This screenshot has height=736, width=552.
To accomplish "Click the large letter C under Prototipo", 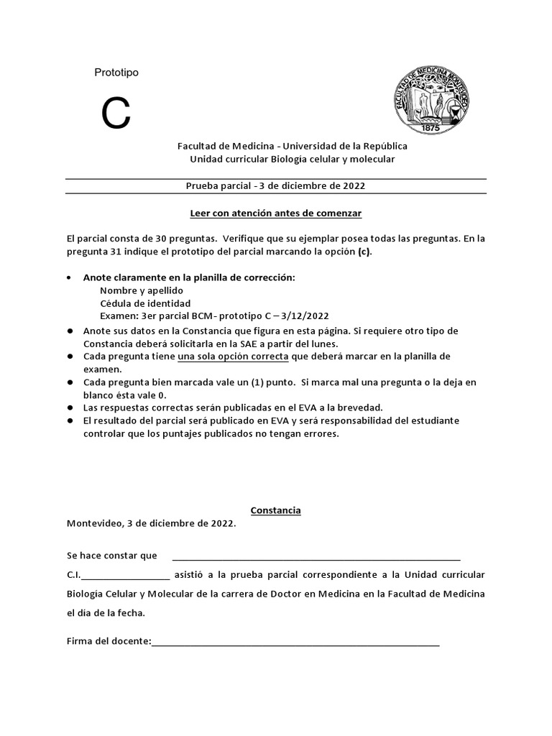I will pos(116,114).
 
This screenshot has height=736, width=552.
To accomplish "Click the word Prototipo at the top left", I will pos(116,73).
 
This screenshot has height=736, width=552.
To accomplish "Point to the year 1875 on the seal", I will pos(430,126).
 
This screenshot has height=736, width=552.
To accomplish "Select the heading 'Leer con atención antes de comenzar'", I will pos(275,213).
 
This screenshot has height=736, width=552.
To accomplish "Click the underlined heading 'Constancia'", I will pos(275,510).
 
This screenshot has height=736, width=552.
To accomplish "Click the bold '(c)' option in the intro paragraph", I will pos(365,252).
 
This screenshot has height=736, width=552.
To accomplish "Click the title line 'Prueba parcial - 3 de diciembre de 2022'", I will pos(275,185).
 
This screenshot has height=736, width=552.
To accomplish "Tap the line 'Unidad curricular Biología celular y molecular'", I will pos(292,159).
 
